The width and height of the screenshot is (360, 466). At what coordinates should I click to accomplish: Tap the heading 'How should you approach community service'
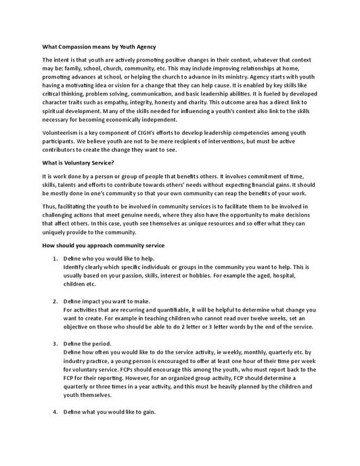click(99, 244)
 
